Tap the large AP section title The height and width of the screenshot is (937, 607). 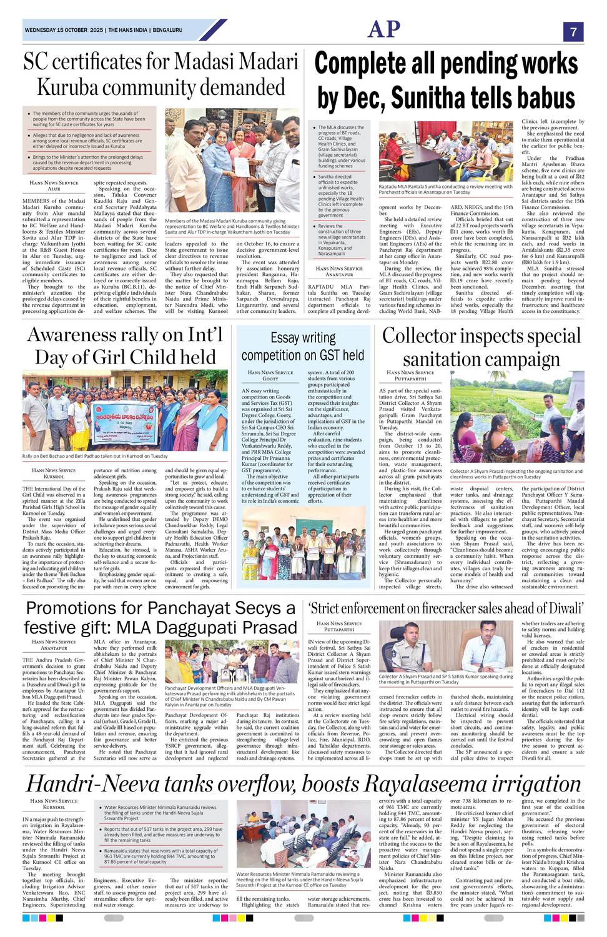pos(384,29)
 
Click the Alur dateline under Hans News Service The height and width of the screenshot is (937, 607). pos(54,189)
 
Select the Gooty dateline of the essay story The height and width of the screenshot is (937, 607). pos(270,379)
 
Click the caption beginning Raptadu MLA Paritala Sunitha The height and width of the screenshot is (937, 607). pos(446,189)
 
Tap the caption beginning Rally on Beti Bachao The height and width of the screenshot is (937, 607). pos(95,456)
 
